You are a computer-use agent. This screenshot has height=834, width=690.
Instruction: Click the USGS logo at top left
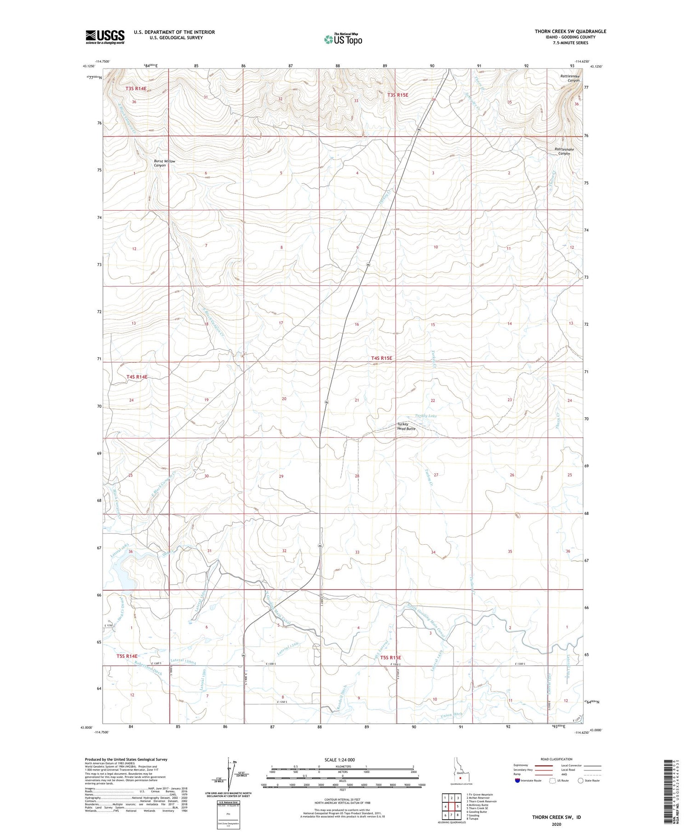pos(105,37)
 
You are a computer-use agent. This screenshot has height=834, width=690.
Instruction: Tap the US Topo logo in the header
pos(343,40)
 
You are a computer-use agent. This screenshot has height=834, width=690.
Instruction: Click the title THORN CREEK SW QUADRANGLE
pos(570,31)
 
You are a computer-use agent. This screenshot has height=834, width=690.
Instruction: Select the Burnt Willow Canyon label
pos(164,163)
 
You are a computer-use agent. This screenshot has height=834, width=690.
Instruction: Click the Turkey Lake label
pos(425,415)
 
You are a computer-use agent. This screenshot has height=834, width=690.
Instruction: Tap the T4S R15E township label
pos(381,358)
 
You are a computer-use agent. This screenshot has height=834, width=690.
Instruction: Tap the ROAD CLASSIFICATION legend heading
pos(557,759)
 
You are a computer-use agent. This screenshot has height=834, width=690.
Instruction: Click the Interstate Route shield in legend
pos(517,781)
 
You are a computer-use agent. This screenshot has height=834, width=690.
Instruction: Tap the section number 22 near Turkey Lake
pos(432,400)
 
